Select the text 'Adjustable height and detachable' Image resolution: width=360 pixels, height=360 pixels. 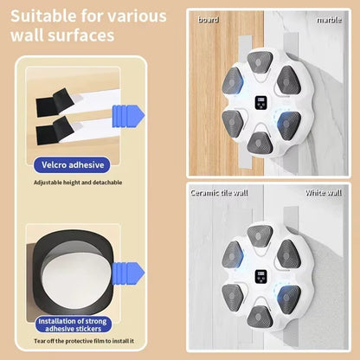pyautogui.click(x=78, y=183)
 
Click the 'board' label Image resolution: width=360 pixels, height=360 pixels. pyautogui.click(x=209, y=18)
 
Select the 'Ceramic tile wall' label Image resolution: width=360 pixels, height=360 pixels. pyautogui.click(x=219, y=192)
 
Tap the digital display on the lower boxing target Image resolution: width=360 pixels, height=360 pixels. pyautogui.click(x=261, y=278)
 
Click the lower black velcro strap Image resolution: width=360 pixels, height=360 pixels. pyautogui.click(x=54, y=131)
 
